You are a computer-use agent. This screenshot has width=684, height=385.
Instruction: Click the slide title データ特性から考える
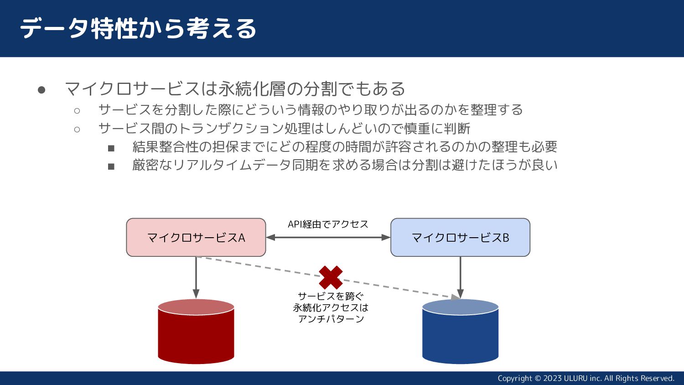pos(138,28)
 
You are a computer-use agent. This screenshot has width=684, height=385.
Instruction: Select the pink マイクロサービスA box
pos(196,237)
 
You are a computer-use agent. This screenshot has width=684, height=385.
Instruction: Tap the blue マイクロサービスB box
pos(460,237)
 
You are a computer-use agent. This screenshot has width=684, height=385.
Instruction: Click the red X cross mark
pos(331,277)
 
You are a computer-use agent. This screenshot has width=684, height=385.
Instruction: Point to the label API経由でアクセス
pos(328,224)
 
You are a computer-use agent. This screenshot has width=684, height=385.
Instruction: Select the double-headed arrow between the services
pos(328,237)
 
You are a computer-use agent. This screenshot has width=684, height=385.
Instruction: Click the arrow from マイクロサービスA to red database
pos(196,276)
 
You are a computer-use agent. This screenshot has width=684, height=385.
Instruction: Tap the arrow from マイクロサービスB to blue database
pos(460,276)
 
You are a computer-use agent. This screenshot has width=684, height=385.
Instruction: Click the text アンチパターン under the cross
pos(331,319)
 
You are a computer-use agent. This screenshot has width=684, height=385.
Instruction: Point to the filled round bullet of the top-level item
pos(41,90)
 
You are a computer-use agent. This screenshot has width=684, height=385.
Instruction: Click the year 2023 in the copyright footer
pos(552,378)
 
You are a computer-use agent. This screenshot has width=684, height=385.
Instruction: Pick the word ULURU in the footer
pos(575,378)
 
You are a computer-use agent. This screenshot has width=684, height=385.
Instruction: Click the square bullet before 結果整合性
pos(111,148)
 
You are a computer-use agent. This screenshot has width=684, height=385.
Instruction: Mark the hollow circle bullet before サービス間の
pos(77,130)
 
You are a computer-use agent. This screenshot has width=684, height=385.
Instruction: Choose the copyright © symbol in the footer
pos(538,378)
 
